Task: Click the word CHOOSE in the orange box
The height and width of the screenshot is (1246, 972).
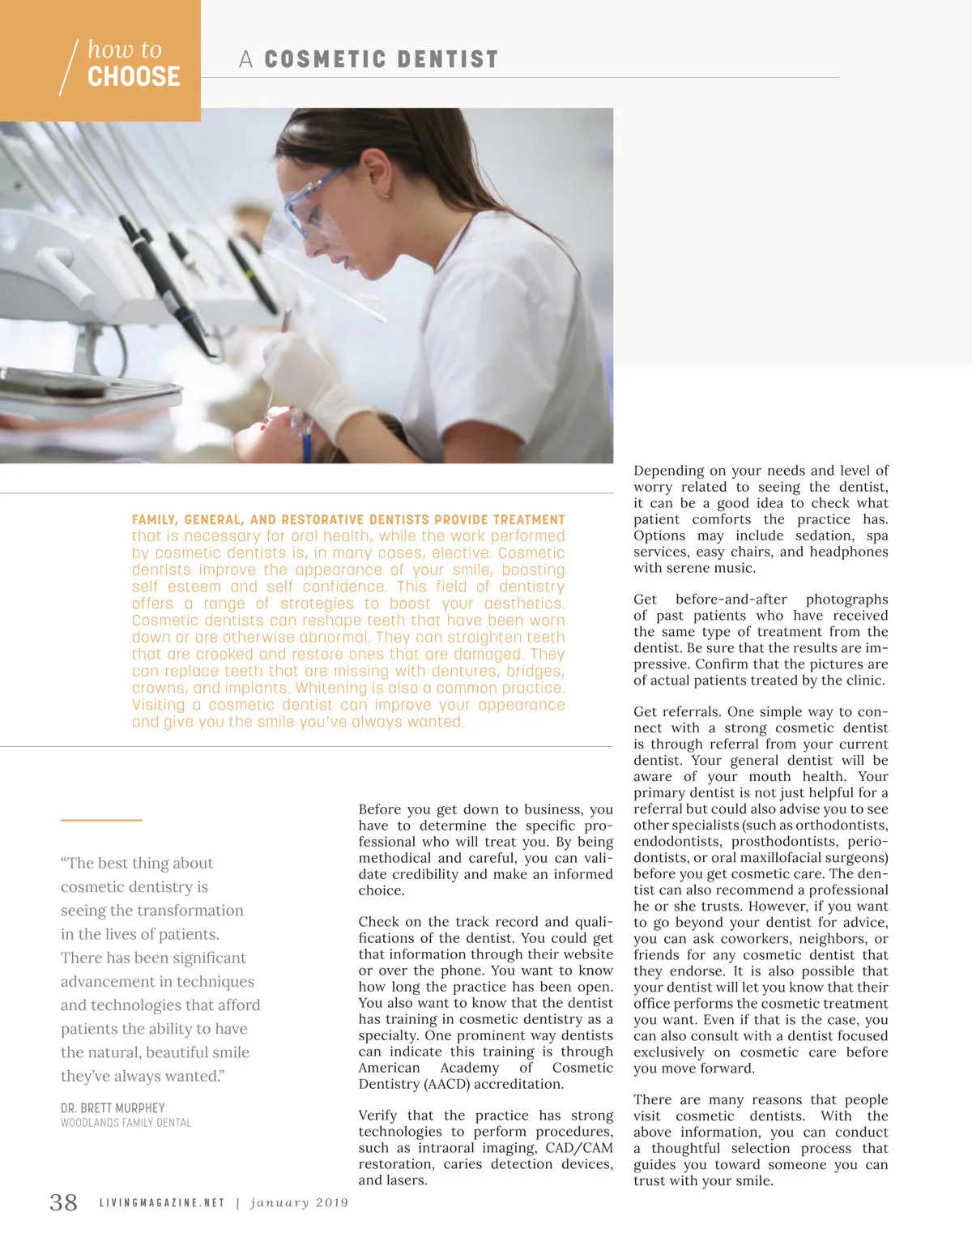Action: pos(134,77)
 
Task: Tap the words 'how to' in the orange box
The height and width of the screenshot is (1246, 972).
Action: pos(125,49)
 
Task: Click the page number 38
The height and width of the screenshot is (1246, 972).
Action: pos(64,1202)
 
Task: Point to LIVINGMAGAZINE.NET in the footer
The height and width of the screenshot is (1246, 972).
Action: pos(162,1203)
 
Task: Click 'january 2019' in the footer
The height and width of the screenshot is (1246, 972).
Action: pos(299,1203)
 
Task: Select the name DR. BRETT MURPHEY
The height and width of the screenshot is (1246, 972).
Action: pos(113,1107)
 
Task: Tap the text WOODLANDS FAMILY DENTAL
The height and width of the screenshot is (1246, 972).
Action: pos(126,1123)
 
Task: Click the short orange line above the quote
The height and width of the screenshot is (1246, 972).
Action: pos(101,821)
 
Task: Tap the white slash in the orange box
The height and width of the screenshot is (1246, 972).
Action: pos(69,67)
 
